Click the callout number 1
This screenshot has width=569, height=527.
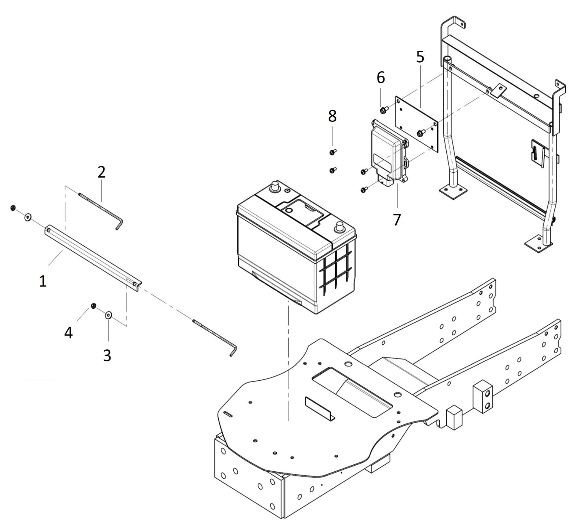pyautogui.click(x=43, y=281)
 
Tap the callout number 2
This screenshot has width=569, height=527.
pyautogui.click(x=101, y=172)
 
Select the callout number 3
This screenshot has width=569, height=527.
pyautogui.click(x=107, y=355)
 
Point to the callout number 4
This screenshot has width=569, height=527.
pyautogui.click(x=68, y=332)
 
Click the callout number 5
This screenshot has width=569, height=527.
pyautogui.click(x=420, y=57)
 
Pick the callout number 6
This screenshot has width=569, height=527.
pyautogui.click(x=380, y=77)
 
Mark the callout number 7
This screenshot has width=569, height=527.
pyautogui.click(x=397, y=219)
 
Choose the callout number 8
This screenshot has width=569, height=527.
pyautogui.click(x=332, y=116)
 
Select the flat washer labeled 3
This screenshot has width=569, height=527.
pyautogui.click(x=109, y=315)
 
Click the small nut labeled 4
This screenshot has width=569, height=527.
pyautogui.click(x=93, y=306)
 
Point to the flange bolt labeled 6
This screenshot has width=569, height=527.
pyautogui.click(x=383, y=110)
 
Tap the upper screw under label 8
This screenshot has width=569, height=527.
pyautogui.click(x=332, y=152)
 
